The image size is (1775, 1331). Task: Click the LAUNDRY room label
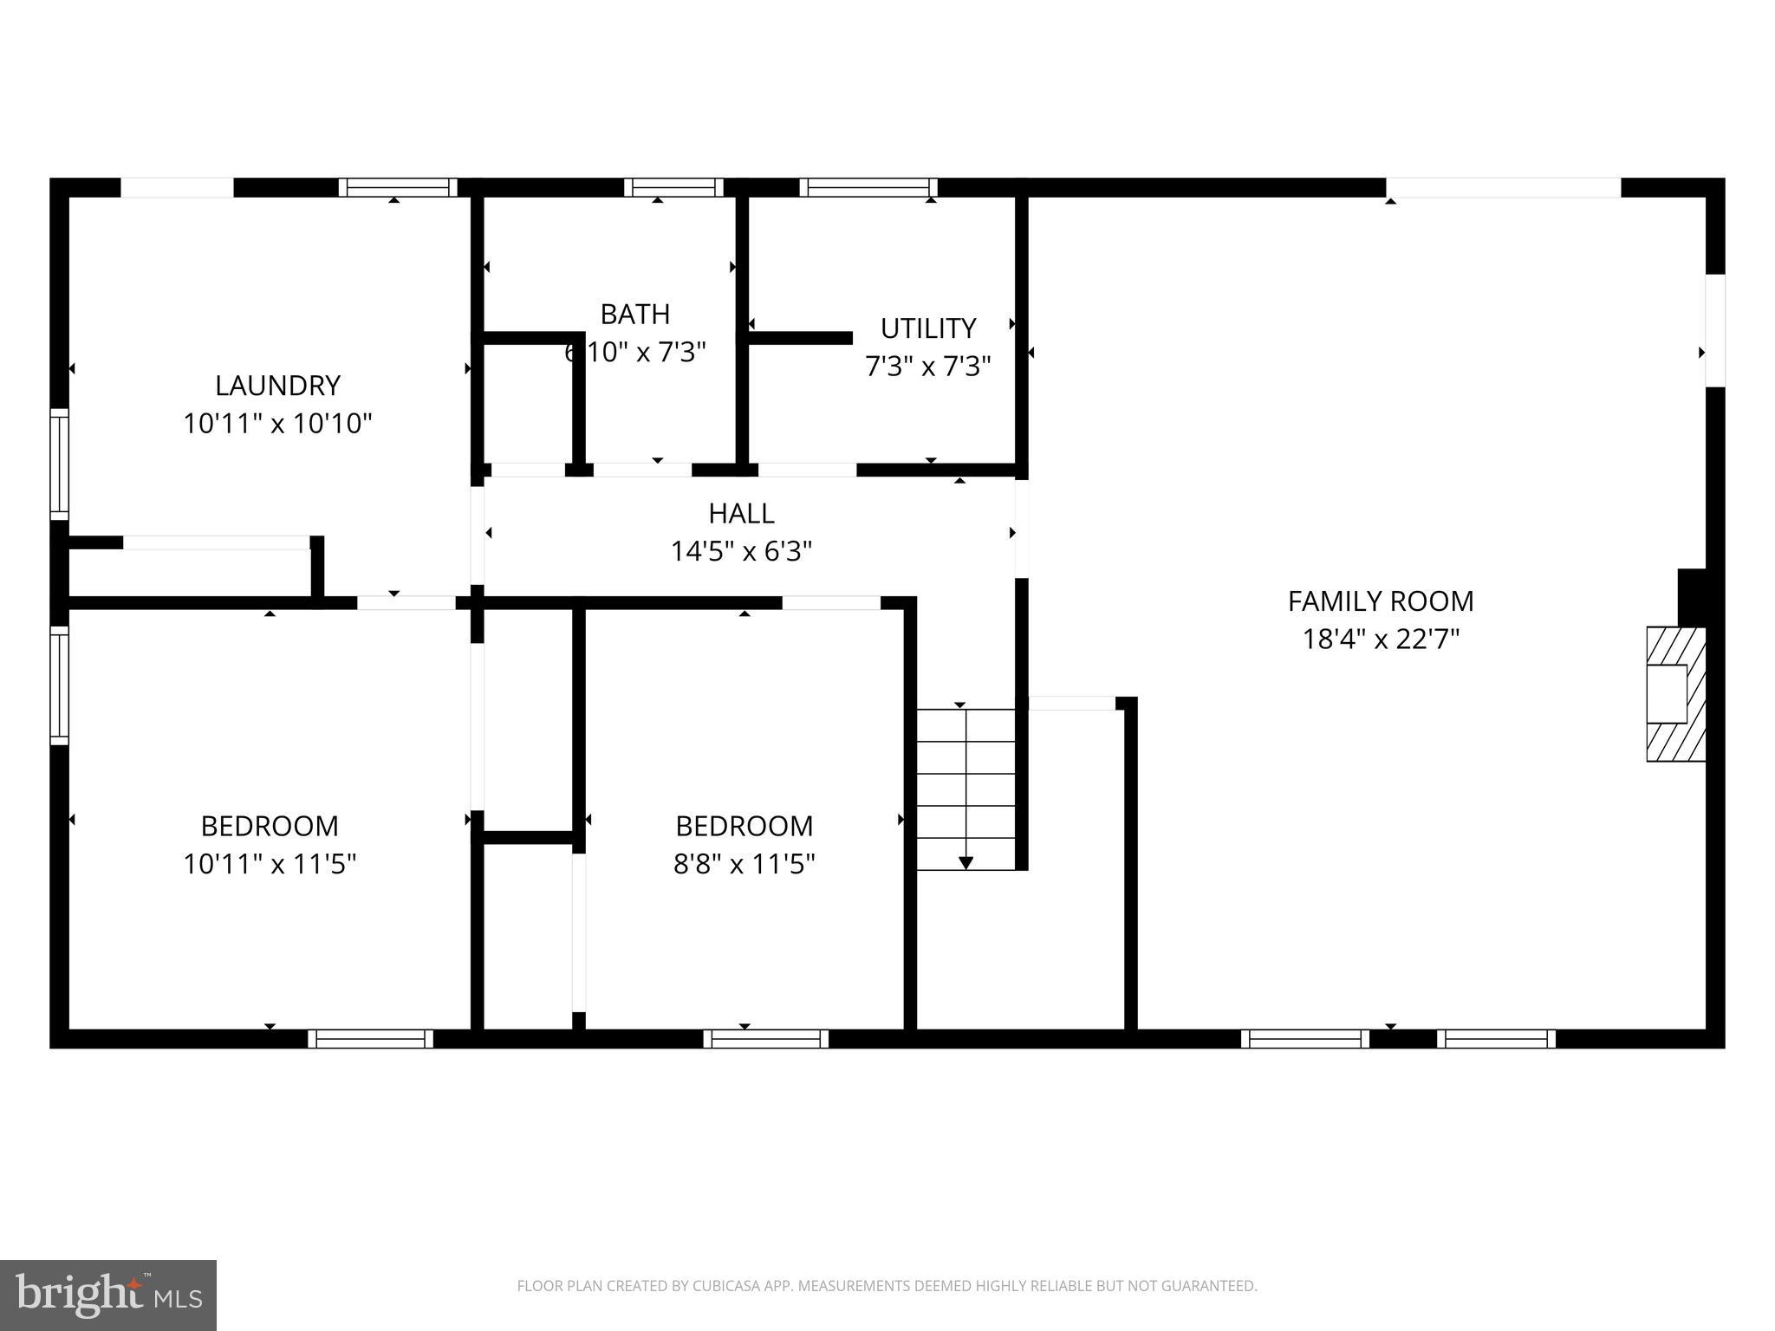[277, 385]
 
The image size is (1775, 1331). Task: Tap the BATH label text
[634, 314]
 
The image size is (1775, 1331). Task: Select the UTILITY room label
[927, 328]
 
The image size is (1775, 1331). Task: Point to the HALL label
[741, 513]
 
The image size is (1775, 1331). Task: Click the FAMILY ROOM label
[1380, 601]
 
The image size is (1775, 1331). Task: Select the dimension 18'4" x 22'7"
[1380, 640]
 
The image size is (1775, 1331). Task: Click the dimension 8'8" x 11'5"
[744, 864]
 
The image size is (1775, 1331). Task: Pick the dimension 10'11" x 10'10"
[277, 424]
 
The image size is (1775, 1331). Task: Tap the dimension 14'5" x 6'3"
[741, 551]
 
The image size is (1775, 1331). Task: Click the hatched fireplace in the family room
[1674, 693]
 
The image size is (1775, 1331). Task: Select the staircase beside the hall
[966, 789]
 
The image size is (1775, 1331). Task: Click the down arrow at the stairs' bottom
[966, 862]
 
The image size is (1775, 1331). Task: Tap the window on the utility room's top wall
[868, 187]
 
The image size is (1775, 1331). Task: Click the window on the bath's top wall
[673, 187]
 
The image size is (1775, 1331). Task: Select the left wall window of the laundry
[59, 464]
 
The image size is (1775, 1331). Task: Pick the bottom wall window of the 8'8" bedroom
[765, 1038]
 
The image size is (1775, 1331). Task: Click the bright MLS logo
[107, 1295]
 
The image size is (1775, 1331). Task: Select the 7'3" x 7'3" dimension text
[927, 367]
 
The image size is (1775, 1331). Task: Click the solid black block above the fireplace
[1692, 596]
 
